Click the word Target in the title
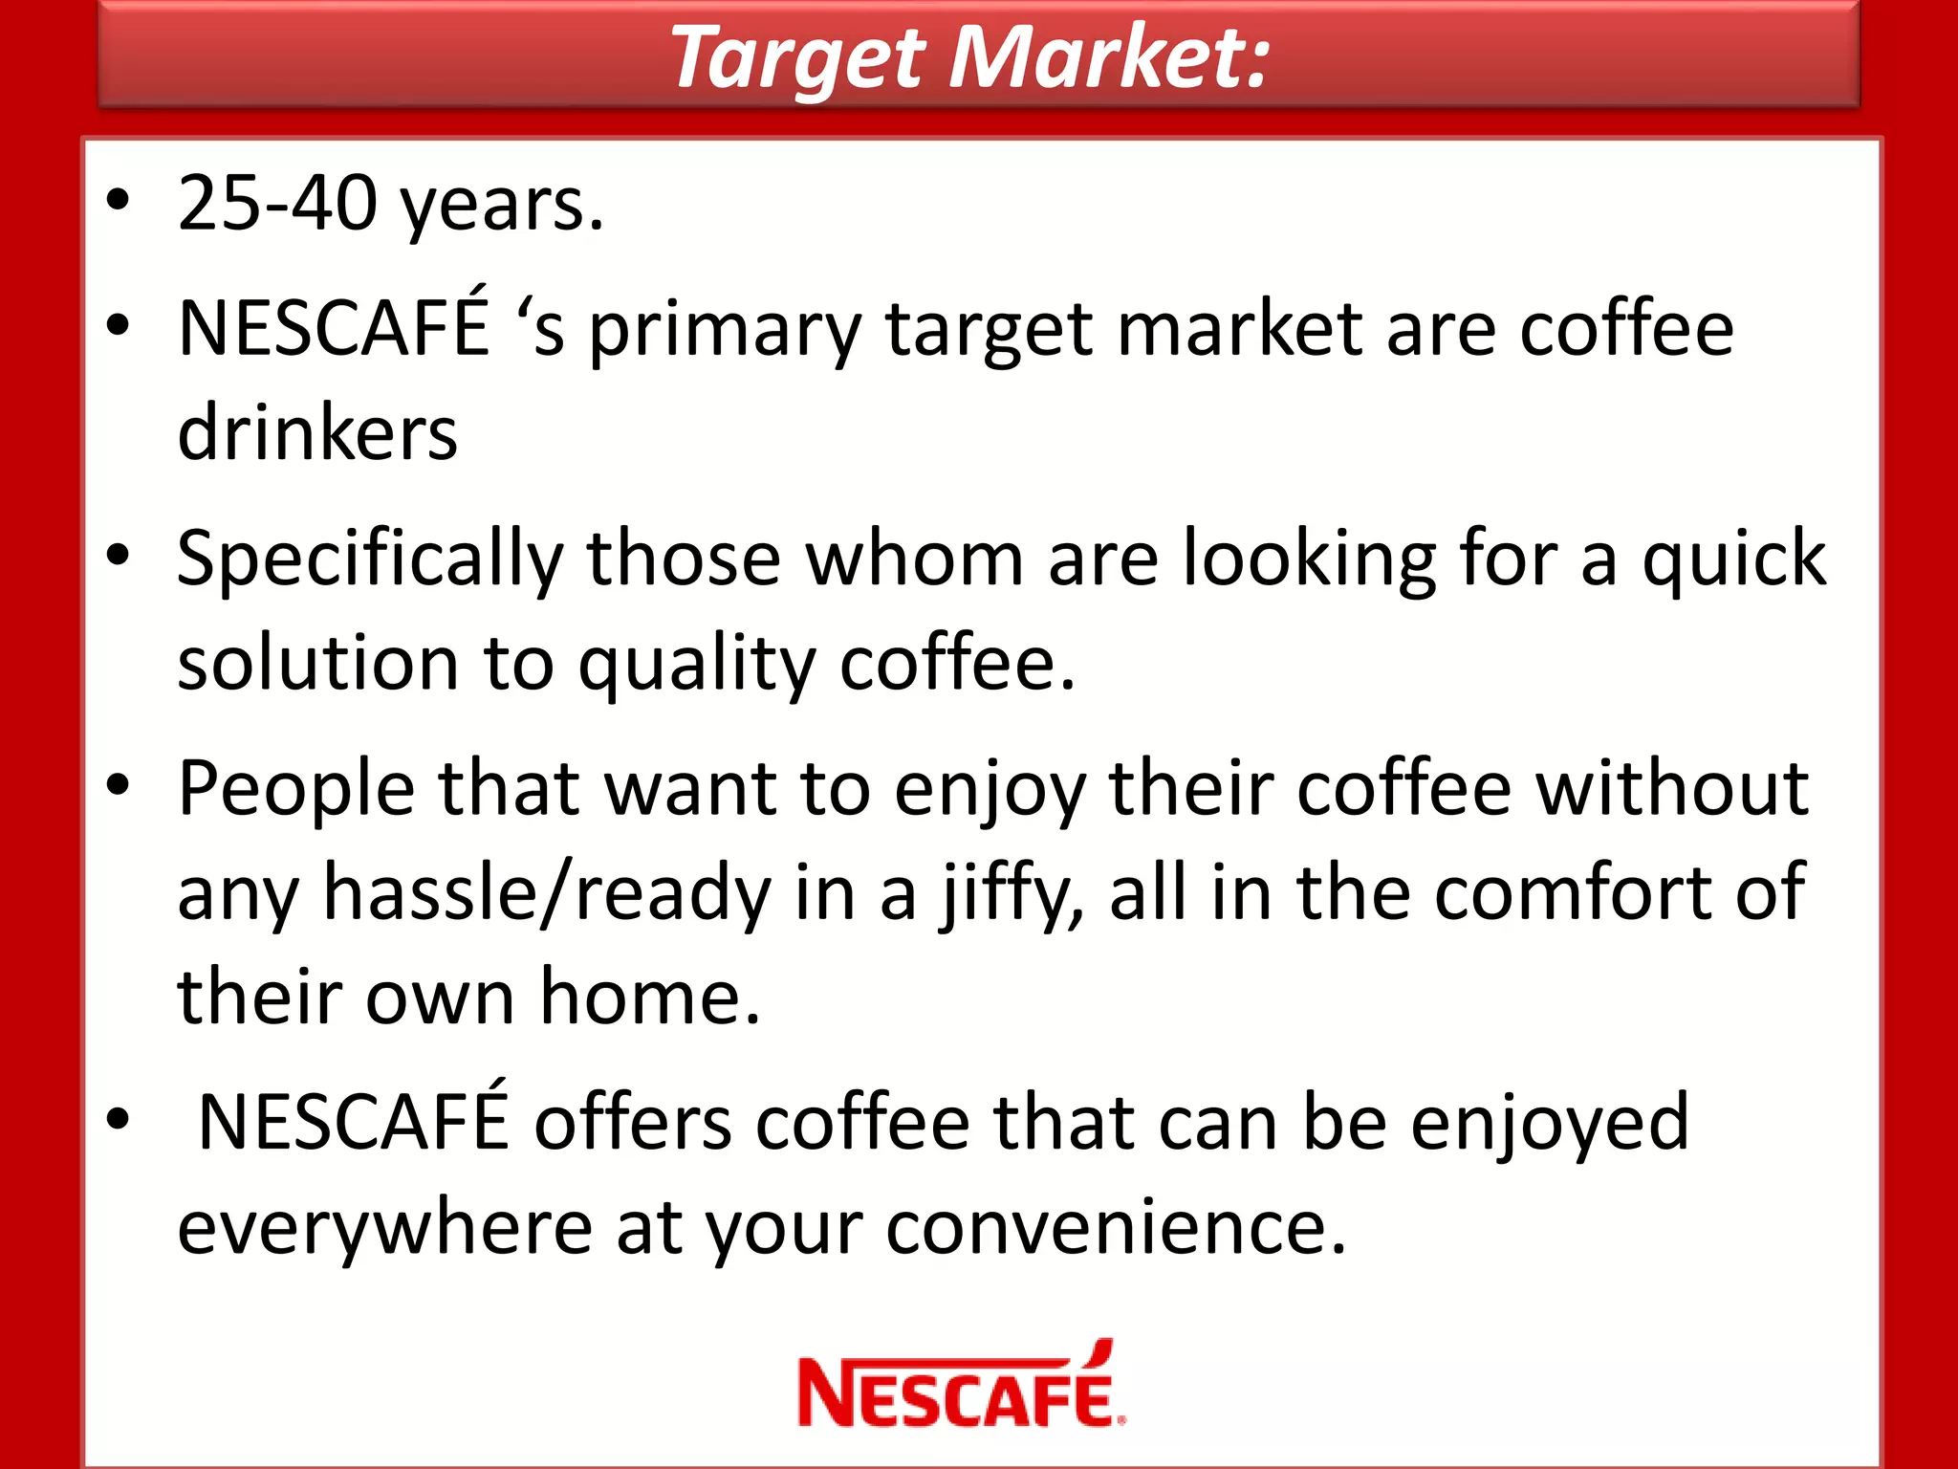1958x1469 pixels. pyautogui.click(x=799, y=59)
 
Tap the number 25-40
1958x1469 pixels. pyautogui.click(x=277, y=204)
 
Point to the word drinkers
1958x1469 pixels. pyautogui.click(x=317, y=434)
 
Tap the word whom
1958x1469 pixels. pyautogui.click(x=915, y=559)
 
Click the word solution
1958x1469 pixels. pyautogui.click(x=318, y=664)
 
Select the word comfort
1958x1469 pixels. pyautogui.click(x=1573, y=893)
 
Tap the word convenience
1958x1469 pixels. pyautogui.click(x=1115, y=1228)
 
